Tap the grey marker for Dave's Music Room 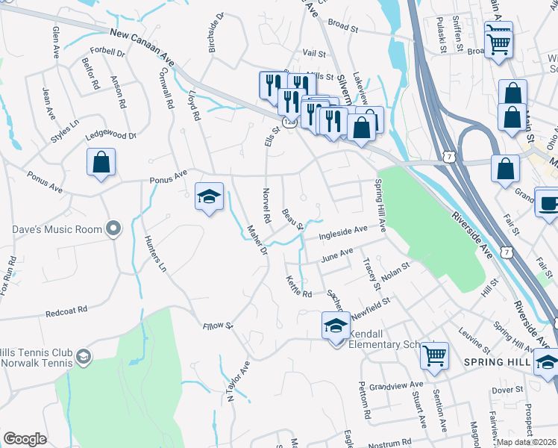(x=113, y=227)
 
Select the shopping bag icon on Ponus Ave (x=101, y=162)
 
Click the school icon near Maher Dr (x=209, y=196)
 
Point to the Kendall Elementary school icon (x=336, y=326)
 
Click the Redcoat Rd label (x=66, y=310)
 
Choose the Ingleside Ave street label (x=343, y=232)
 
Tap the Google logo (x=25, y=439)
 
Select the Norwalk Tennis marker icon (x=84, y=358)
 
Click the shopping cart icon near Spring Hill (x=434, y=355)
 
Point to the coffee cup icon (x=549, y=202)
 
